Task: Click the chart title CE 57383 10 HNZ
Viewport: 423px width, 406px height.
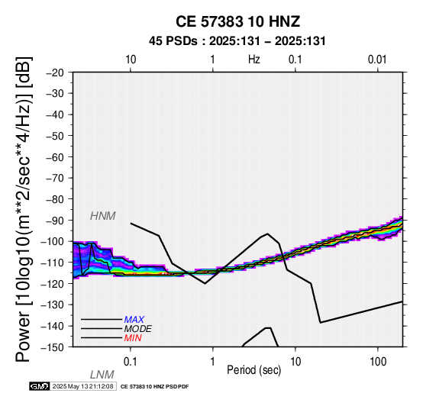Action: pos(237,21)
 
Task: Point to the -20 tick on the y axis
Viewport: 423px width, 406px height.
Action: pos(55,72)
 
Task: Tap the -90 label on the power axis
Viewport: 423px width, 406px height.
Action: pos(55,221)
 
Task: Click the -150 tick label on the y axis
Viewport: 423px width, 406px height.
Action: pos(53,347)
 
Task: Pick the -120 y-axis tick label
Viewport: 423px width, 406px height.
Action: pos(53,284)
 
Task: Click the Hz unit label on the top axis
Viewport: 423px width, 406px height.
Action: pos(253,60)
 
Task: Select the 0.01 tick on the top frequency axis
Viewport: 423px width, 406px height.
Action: pos(377,60)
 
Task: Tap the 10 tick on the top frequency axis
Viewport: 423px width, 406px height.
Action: pos(131,60)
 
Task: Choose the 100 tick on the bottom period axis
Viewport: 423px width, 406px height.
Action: pos(378,362)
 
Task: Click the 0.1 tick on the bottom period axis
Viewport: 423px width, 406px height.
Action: pos(131,362)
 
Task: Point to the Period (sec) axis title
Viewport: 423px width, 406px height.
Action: pos(253,370)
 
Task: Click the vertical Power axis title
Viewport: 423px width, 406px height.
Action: pos(24,209)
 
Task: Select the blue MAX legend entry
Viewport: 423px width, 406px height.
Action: pos(134,320)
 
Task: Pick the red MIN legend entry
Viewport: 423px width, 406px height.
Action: pos(133,338)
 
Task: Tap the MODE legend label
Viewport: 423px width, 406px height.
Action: pos(138,329)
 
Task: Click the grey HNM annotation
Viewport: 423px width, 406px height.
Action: pos(103,216)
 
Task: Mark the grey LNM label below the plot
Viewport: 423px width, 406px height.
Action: pos(102,375)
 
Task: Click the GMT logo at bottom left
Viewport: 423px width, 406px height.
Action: pos(40,386)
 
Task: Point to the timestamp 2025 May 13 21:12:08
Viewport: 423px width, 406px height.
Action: pos(82,386)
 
